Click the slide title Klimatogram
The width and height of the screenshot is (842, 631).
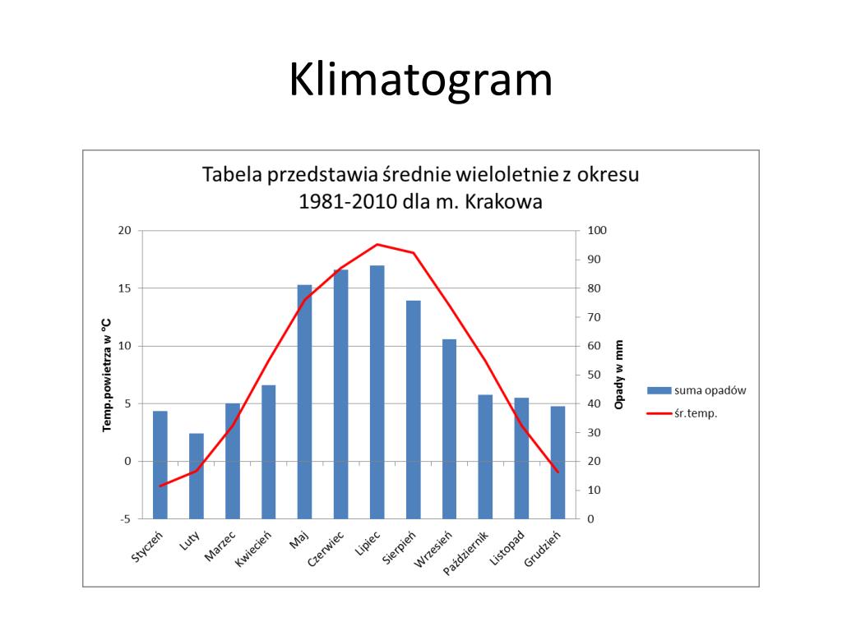point(420,81)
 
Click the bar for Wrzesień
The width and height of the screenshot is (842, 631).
point(449,428)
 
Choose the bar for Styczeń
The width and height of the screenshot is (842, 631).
point(160,464)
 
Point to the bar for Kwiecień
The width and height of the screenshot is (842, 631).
point(268,451)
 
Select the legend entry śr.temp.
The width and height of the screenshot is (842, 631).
point(695,414)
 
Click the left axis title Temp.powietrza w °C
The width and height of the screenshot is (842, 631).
point(106,375)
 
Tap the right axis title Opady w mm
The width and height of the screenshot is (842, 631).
point(619,375)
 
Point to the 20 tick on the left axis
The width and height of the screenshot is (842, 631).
point(124,231)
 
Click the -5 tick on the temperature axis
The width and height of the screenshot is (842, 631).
point(125,519)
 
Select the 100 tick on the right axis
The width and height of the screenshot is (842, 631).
point(595,231)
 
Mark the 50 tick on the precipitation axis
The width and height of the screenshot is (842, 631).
point(593,375)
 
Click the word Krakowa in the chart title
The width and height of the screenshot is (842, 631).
point(504,202)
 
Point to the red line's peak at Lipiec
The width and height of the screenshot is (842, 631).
point(377,244)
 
